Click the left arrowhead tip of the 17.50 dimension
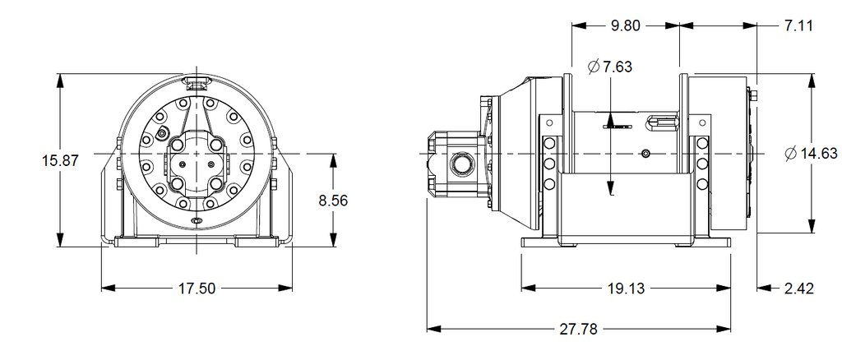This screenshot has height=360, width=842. [x=101, y=288]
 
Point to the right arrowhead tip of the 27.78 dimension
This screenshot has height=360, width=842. [x=730, y=328]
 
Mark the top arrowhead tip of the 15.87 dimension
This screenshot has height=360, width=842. [x=60, y=74]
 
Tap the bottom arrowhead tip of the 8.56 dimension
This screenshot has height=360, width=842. [x=334, y=247]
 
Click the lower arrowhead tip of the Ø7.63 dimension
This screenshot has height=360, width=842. [x=611, y=196]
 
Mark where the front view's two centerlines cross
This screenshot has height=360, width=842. [x=197, y=154]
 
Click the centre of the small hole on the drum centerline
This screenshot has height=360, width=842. [x=645, y=154]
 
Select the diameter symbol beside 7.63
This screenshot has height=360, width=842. [x=594, y=67]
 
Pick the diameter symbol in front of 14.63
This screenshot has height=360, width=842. [x=790, y=154]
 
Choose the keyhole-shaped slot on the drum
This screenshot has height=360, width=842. [x=662, y=122]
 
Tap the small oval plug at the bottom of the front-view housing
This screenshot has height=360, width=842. [x=197, y=220]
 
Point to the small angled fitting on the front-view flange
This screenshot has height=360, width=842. [x=162, y=133]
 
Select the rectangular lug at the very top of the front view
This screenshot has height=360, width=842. [x=197, y=82]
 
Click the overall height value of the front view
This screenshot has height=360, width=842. [x=60, y=160]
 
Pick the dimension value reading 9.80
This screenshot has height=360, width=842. [x=626, y=25]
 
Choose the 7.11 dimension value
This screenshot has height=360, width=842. [x=798, y=25]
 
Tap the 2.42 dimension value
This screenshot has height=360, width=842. [x=799, y=288]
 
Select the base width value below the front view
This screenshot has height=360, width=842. [x=197, y=288]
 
